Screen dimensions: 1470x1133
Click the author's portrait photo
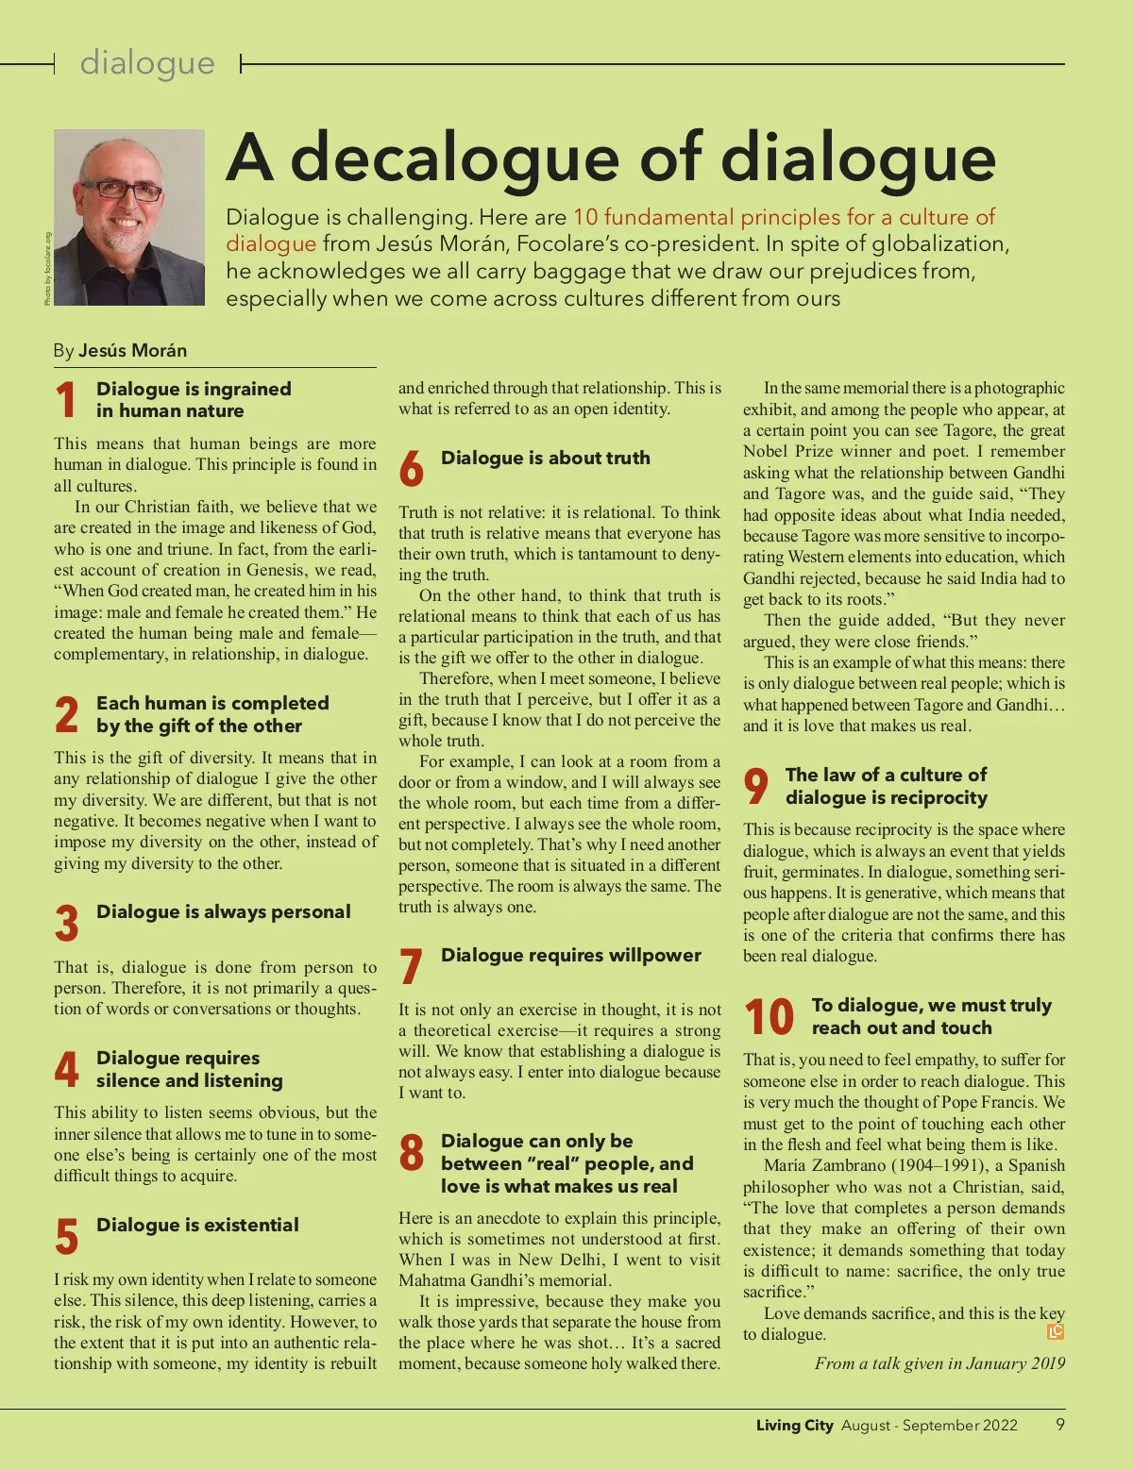[x=129, y=217]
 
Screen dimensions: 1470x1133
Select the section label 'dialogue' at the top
[x=147, y=63]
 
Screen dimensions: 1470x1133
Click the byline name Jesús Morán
[x=132, y=350]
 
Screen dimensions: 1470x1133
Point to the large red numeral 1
[x=66, y=399]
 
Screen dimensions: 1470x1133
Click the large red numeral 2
[x=66, y=714]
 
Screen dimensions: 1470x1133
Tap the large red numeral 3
[x=66, y=923]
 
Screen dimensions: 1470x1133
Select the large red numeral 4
[x=66, y=1069]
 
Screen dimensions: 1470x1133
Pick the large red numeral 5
[x=66, y=1236]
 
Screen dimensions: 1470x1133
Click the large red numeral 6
[x=411, y=469]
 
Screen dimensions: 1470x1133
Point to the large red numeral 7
[x=411, y=967]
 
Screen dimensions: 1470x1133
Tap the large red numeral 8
[x=411, y=1153]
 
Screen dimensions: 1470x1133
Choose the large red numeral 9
[x=755, y=786]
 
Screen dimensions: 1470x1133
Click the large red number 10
[x=769, y=1017]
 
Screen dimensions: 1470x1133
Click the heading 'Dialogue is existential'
[x=197, y=1225]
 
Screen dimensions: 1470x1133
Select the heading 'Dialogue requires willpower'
[x=571, y=955]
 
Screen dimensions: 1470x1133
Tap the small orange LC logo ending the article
[x=1056, y=1332]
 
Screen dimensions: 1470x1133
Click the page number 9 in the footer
[x=1060, y=1424]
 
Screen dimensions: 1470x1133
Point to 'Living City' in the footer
[x=794, y=1425]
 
